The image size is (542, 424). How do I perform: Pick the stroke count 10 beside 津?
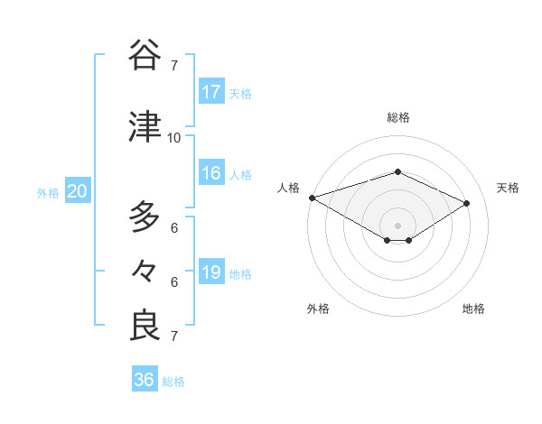[x=173, y=137]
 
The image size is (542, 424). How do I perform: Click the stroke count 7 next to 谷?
[x=173, y=66]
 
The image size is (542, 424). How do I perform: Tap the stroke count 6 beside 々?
[x=173, y=282]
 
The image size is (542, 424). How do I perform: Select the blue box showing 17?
[x=211, y=92]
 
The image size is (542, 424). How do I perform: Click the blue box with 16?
[x=211, y=173]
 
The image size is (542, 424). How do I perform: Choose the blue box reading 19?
[x=211, y=272]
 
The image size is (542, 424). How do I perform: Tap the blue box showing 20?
[x=78, y=191]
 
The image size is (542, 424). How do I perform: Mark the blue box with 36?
[x=145, y=380]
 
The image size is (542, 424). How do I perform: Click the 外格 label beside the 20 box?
[x=48, y=192]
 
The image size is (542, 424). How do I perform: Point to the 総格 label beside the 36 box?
[x=174, y=382]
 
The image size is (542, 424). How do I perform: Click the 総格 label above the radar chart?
[x=397, y=117]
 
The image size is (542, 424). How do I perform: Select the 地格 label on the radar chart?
[x=473, y=309]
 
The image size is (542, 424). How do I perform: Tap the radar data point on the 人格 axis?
[x=312, y=197]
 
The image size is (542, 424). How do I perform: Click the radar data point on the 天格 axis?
[x=467, y=203]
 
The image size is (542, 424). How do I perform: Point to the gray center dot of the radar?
[x=397, y=225]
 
